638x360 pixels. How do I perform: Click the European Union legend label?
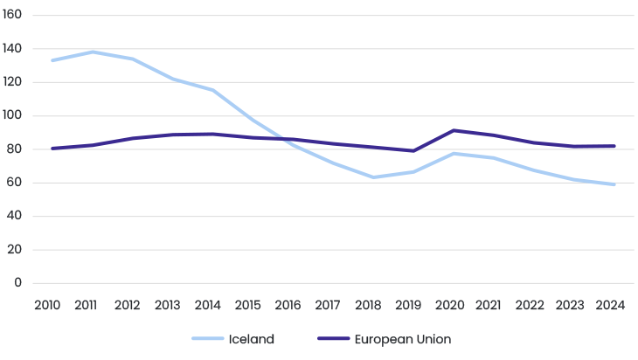click(x=402, y=339)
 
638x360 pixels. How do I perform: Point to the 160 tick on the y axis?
click(x=12, y=16)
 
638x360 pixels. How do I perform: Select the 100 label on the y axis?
click(x=12, y=116)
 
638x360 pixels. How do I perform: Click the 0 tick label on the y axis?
click(x=17, y=283)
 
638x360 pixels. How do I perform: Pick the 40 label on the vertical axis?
click(x=15, y=217)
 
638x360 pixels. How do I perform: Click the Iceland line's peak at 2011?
click(x=93, y=52)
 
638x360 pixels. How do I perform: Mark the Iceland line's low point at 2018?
click(x=373, y=177)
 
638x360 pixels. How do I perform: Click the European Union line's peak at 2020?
click(x=454, y=130)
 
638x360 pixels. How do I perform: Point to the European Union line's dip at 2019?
click(x=413, y=151)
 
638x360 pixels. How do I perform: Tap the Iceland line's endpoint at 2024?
click(x=614, y=184)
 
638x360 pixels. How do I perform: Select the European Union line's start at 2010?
click(x=52, y=149)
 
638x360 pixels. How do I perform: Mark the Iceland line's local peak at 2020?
click(x=454, y=154)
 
